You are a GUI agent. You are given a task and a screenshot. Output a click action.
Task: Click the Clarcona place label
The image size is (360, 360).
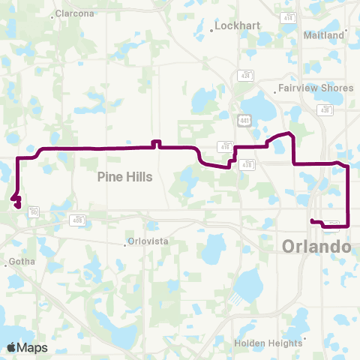point(75,13)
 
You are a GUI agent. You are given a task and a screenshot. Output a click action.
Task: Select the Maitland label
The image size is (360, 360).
point(324,35)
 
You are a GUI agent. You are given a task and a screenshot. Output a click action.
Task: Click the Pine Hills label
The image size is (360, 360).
point(125,177)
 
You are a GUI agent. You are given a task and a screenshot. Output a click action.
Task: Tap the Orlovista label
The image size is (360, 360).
point(146,241)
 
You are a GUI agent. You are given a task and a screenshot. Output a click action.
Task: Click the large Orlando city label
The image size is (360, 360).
point(316,247)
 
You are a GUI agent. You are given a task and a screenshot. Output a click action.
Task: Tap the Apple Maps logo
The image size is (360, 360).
point(27,347)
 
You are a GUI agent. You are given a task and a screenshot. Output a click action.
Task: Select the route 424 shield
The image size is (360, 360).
point(245,76)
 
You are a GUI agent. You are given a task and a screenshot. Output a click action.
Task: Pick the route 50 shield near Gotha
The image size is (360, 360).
point(34,213)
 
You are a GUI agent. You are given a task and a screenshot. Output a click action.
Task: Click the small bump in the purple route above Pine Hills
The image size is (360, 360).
point(156,142)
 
